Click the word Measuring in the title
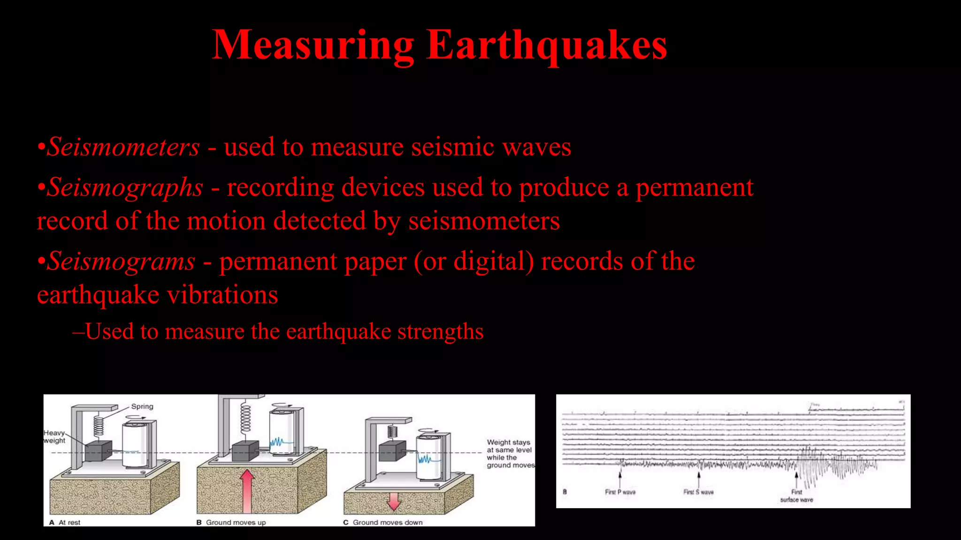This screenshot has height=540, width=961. (x=313, y=45)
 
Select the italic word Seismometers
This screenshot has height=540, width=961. (x=124, y=147)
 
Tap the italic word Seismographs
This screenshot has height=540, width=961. (x=125, y=187)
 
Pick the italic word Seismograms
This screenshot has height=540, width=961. (x=122, y=262)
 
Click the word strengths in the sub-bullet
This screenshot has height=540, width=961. (x=440, y=332)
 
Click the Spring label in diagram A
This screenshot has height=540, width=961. (x=142, y=406)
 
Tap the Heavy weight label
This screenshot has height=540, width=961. (x=54, y=436)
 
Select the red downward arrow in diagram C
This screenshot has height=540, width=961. (x=394, y=500)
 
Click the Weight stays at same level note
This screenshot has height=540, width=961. (x=510, y=453)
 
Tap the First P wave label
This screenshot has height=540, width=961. (x=620, y=492)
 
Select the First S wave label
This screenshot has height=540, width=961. (x=698, y=492)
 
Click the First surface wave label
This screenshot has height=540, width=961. (x=796, y=496)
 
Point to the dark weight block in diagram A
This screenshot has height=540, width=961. (x=99, y=451)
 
